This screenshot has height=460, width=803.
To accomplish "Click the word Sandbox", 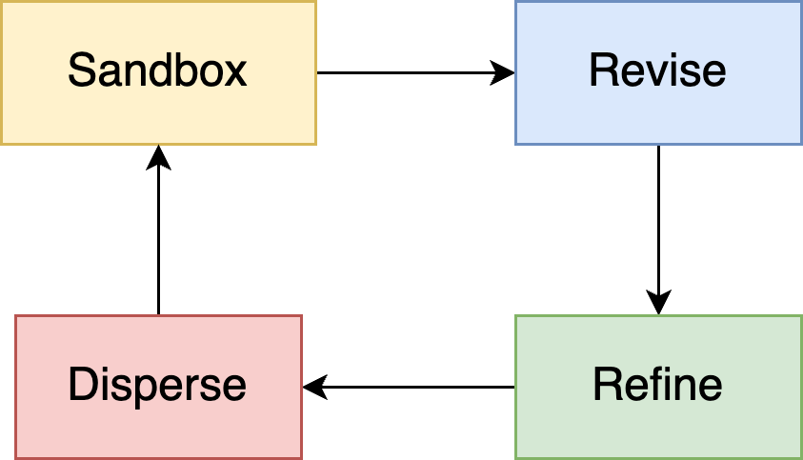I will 157,71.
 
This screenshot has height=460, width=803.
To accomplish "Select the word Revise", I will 657,71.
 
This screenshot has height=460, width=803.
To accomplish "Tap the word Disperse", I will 157,386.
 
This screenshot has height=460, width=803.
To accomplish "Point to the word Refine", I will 657,386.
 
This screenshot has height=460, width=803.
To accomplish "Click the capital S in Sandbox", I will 81,71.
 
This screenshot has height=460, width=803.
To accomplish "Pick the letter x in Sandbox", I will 236,72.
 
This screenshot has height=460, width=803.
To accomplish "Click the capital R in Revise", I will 602,71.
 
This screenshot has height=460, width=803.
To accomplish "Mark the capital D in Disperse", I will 81,386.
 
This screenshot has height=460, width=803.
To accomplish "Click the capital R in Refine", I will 606,386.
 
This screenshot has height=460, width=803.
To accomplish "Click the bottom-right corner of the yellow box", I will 315,144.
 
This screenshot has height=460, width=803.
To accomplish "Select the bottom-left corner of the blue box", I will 516,144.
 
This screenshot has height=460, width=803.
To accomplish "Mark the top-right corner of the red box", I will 301,316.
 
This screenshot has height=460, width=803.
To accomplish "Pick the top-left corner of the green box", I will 516,316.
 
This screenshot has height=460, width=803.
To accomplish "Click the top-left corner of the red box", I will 16,316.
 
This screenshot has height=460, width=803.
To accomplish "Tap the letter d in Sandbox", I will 156,71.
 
